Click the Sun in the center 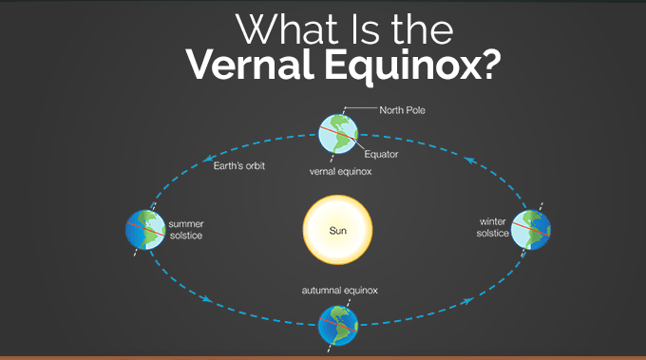click(338, 230)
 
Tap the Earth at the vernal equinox click(338, 134)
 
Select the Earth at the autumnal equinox click(338, 326)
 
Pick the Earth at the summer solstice click(145, 230)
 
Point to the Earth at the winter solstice click(531, 230)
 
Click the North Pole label click(402, 110)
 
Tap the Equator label click(381, 154)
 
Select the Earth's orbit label click(239, 165)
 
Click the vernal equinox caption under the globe click(340, 171)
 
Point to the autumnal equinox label click(339, 291)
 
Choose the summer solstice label click(186, 230)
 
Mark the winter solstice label click(493, 227)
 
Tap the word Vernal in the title click(250, 65)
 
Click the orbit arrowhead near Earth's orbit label click(209, 158)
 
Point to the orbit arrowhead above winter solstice click(470, 161)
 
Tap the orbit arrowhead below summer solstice click(207, 298)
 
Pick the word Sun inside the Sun click(338, 231)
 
